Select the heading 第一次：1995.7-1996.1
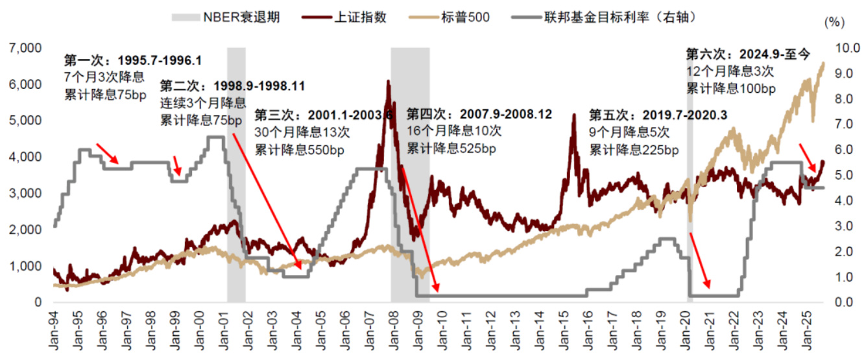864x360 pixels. [132, 60]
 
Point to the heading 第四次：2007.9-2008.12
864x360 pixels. [479, 114]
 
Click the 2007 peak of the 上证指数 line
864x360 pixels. [388, 82]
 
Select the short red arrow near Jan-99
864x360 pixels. [178, 165]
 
